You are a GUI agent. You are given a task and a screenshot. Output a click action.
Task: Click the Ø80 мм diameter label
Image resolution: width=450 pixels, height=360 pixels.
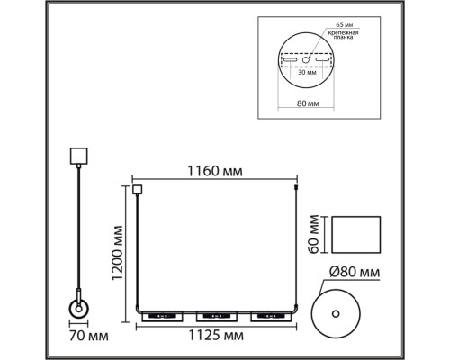[354, 271]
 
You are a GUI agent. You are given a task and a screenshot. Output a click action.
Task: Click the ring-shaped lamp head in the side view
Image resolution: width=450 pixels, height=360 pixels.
[78, 310]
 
